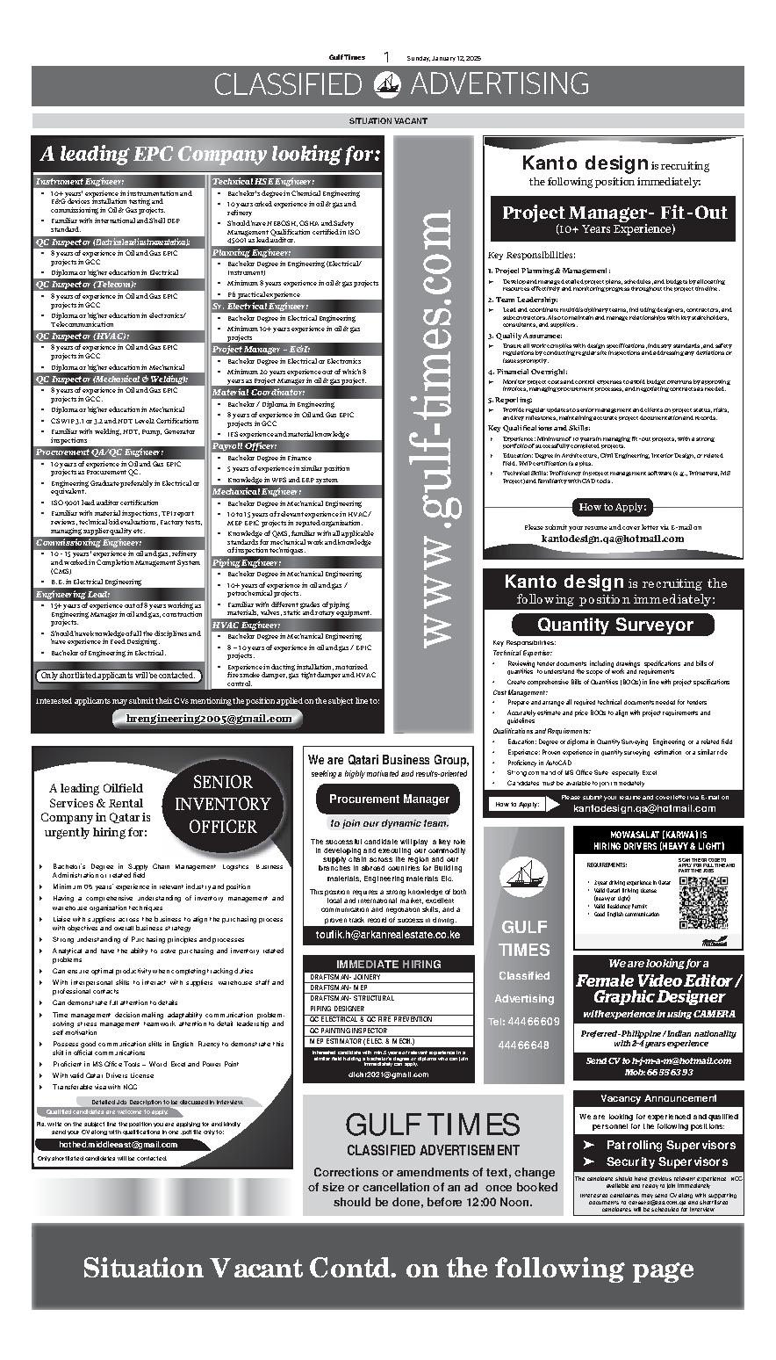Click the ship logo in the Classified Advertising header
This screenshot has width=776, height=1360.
click(x=386, y=84)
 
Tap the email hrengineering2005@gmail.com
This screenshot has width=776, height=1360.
click(x=209, y=718)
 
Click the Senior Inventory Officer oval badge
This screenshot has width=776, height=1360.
click(x=222, y=804)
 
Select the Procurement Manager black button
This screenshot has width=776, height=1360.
click(x=389, y=799)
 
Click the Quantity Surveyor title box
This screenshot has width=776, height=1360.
click(x=614, y=625)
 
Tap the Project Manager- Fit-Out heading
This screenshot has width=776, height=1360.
click(x=614, y=213)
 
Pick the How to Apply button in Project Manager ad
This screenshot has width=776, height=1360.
click(x=614, y=507)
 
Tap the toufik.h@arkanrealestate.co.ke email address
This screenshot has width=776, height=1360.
click(x=388, y=935)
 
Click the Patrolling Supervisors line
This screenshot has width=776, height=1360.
click(x=670, y=1145)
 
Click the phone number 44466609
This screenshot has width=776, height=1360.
click(x=524, y=1022)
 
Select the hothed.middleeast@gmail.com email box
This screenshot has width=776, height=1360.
click(x=119, y=1145)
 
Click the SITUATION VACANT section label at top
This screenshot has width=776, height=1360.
click(x=388, y=120)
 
